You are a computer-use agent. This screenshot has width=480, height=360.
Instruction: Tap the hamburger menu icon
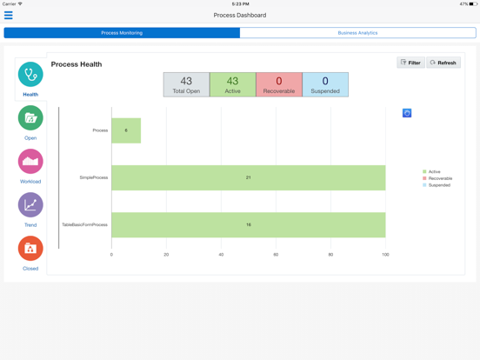coord(9,16)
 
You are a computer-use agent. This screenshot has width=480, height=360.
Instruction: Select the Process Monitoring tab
coord(122,33)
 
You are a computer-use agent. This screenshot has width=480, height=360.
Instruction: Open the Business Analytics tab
coord(357,33)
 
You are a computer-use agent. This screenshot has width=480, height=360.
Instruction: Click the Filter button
coord(410,63)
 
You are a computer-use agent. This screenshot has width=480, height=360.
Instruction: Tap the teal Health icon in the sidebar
coord(30,75)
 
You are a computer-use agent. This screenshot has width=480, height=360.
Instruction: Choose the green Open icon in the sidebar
coord(30,118)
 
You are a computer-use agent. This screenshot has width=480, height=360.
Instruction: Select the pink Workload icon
coord(30,162)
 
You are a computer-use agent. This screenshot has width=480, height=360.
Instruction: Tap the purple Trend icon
coord(30,205)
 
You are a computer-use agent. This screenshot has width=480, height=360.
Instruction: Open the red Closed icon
coord(30,249)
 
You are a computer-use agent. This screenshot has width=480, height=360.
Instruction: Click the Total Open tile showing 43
coord(186,84)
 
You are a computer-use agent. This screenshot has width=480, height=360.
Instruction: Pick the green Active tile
coord(232,84)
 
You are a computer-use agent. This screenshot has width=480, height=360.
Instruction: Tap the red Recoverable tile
coord(279,84)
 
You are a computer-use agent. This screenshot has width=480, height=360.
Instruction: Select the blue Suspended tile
coord(325,84)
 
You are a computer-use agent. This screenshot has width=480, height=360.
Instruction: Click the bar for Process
coord(126,130)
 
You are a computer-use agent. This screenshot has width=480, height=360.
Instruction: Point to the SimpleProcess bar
coord(248,177)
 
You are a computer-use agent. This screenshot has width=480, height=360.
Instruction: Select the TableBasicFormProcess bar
coord(248,224)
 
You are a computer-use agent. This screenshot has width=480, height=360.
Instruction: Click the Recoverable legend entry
coord(439,178)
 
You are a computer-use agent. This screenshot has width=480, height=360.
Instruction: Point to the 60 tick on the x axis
coord(276,255)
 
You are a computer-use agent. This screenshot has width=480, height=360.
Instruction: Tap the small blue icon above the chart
coord(407,113)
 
